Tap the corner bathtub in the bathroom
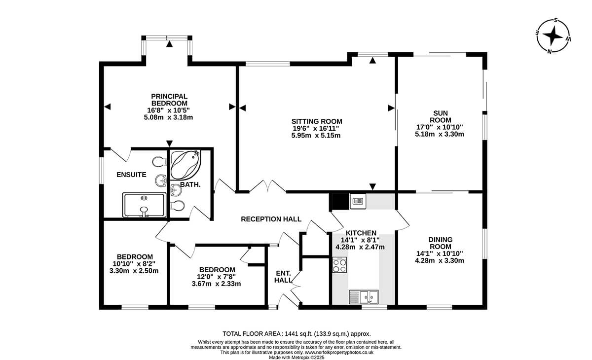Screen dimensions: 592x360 coord(185,165)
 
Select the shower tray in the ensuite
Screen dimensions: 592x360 coord(144,205)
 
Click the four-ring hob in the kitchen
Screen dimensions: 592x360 coord(339,265)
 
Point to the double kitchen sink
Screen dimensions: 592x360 coord(364,297)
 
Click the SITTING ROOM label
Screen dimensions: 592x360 coord(317,121)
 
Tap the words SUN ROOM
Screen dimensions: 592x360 coord(440,116)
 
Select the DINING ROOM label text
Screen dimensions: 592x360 coord(440,243)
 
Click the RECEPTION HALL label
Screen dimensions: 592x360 coord(271,219)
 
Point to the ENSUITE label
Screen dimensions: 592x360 coord(131,175)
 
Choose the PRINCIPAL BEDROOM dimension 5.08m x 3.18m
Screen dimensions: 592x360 coord(168,117)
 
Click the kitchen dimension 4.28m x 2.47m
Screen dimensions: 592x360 coord(360,247)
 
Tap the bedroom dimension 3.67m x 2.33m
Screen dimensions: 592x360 coord(216,284)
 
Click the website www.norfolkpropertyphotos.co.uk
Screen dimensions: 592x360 coord(339,352)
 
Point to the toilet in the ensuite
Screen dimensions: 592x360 coord(159,161)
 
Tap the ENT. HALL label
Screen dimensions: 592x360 coord(283,277)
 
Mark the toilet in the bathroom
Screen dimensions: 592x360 coord(177,206)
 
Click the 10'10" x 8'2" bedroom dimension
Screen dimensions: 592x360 coord(134,264)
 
